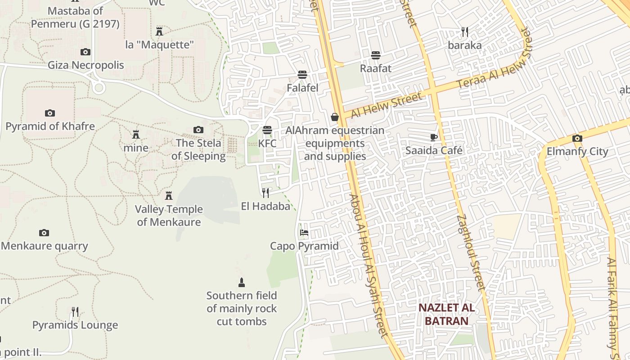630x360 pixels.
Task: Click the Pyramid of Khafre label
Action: [x=50, y=126]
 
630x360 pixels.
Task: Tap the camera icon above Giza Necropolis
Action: [x=85, y=52]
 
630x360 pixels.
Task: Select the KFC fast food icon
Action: [x=267, y=130]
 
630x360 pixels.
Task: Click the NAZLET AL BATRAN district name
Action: [x=446, y=314]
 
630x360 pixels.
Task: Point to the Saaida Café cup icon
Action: [x=434, y=137]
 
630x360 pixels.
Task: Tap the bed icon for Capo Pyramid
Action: [x=304, y=233]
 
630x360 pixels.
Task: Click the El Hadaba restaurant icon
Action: [x=265, y=193]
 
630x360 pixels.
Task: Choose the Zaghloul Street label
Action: [x=471, y=252]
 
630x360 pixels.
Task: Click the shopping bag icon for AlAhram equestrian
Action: [x=335, y=117]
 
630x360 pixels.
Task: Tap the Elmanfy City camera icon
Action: [x=577, y=138]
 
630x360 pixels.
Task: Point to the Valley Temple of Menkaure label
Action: [x=169, y=216]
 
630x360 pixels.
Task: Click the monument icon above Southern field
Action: [x=242, y=283]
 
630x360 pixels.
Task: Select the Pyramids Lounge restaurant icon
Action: [x=75, y=311]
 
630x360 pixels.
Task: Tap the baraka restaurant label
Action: [x=464, y=45]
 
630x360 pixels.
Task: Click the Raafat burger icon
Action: [x=376, y=55]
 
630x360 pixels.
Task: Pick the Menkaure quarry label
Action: [x=44, y=246]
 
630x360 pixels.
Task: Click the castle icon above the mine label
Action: [x=136, y=134]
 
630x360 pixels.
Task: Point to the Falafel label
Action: [x=302, y=88]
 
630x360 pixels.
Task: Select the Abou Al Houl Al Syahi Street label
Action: [x=368, y=265]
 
